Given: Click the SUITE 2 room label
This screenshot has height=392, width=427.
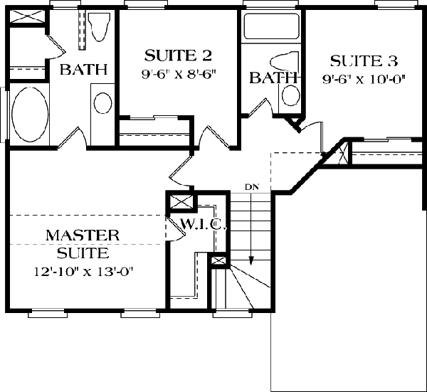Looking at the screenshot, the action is click(178, 55).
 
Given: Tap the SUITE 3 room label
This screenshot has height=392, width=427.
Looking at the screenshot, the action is click(364, 60).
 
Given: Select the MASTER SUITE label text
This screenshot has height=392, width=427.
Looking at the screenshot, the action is click(83, 244).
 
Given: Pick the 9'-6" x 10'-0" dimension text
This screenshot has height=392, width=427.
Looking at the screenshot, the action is click(364, 79).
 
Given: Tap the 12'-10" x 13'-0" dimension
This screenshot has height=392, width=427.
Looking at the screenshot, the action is click(83, 271).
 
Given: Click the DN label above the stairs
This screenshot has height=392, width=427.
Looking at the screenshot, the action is click(252, 187).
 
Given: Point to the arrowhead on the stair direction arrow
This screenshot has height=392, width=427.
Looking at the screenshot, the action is click(252, 261).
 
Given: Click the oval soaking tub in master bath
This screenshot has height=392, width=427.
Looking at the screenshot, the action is click(30, 115).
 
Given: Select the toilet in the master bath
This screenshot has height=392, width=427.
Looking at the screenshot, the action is click(99, 26).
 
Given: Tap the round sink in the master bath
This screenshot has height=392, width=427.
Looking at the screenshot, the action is click(102, 103).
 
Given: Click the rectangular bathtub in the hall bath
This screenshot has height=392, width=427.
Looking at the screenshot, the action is click(271, 26).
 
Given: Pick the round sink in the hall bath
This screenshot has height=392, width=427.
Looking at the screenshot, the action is click(291, 95).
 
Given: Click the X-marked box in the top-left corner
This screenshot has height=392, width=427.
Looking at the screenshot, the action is click(27, 17).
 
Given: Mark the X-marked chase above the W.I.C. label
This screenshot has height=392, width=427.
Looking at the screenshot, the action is click(181, 202).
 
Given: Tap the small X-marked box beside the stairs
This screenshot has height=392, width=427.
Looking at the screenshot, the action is click(218, 261).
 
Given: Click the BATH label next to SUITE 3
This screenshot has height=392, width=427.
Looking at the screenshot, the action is click(273, 78).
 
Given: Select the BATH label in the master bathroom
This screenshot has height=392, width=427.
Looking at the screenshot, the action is click(83, 70).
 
